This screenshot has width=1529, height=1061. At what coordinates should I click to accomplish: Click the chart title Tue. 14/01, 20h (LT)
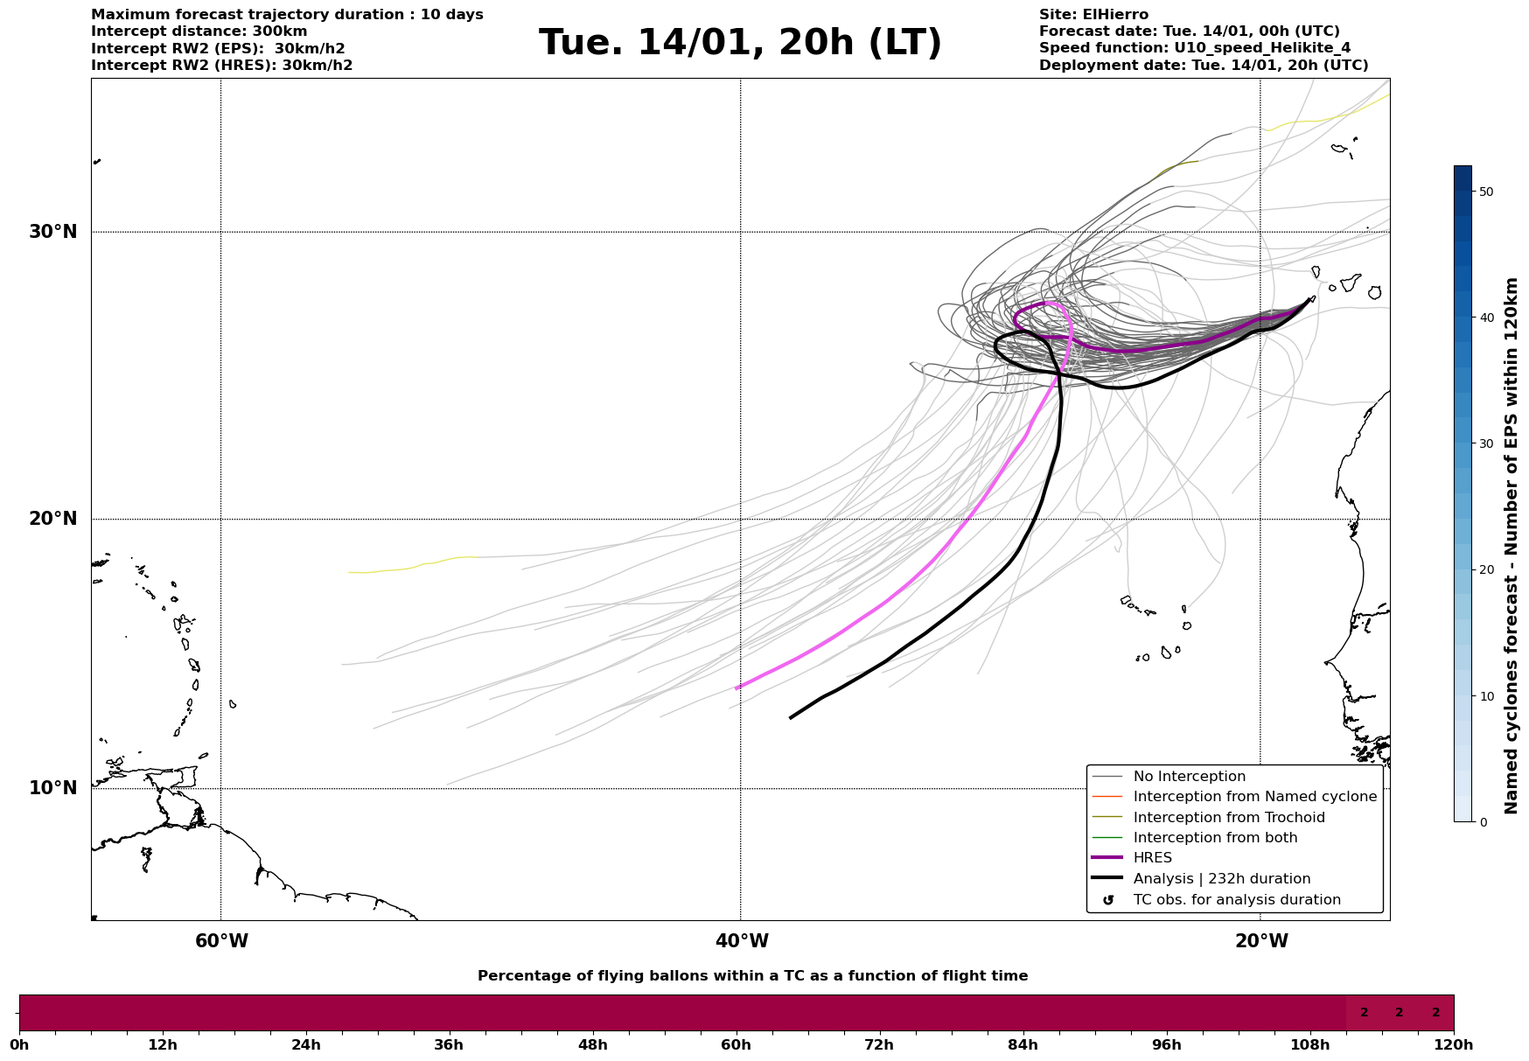[740, 43]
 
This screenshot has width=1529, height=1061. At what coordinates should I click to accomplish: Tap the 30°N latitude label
[53, 232]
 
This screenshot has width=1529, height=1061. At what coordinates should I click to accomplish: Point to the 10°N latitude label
[53, 788]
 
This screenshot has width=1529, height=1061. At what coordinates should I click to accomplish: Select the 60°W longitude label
[221, 941]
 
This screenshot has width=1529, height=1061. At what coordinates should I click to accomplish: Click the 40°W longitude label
[742, 941]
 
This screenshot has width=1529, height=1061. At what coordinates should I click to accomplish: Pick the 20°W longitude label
[1261, 941]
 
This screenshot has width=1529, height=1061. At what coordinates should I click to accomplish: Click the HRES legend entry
[1152, 858]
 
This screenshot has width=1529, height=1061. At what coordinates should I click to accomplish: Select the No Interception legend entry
[1189, 777]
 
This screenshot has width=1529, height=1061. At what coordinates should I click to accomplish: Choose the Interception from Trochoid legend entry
[1228, 818]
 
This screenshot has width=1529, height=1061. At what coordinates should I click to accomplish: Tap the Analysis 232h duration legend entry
[1221, 879]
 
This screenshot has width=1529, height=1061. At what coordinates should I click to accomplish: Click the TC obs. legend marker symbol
[1108, 900]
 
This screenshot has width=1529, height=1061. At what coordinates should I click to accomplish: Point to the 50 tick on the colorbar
[1485, 192]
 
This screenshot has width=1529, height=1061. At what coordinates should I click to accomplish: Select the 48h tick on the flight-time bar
[592, 1044]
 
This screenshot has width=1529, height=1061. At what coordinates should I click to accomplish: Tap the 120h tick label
[1454, 1044]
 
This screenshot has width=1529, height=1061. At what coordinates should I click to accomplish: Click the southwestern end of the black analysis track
[792, 717]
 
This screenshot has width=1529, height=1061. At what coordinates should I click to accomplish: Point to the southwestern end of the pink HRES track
[737, 688]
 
